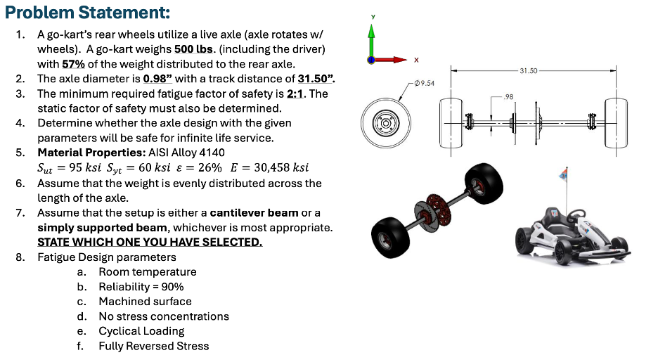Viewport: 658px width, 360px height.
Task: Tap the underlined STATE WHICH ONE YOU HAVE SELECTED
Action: (x=150, y=242)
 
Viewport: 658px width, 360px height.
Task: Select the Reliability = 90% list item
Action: (x=141, y=287)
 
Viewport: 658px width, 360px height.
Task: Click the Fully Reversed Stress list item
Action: (x=153, y=346)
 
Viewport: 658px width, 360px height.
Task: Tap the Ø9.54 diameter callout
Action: (x=425, y=84)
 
